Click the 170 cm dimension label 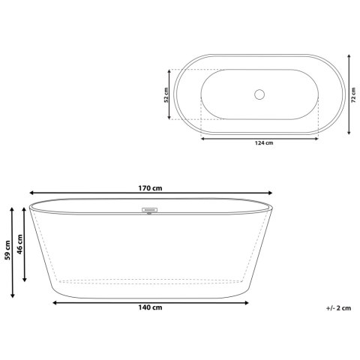coord(150,188)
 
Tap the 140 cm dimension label coord(150,307)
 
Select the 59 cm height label coord(7,250)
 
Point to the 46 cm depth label coord(20,244)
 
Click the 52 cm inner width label coord(166,95)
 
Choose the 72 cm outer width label coord(353,95)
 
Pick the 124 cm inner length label coord(264,143)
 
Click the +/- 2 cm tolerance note coord(338,308)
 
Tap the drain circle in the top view coord(259,94)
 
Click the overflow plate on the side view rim coord(149,210)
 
